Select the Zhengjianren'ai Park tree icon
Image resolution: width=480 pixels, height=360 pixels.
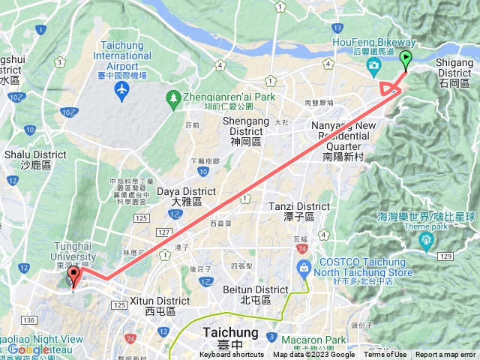pos(174,97)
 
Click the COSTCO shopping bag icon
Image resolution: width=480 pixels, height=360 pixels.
pos(304,268)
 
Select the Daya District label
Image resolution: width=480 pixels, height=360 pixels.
pos(176,196)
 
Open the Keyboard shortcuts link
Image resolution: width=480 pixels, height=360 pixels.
pos(232,355)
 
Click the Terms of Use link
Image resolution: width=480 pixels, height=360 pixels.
pos(385,355)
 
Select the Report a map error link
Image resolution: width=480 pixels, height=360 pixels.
pos(446,355)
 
